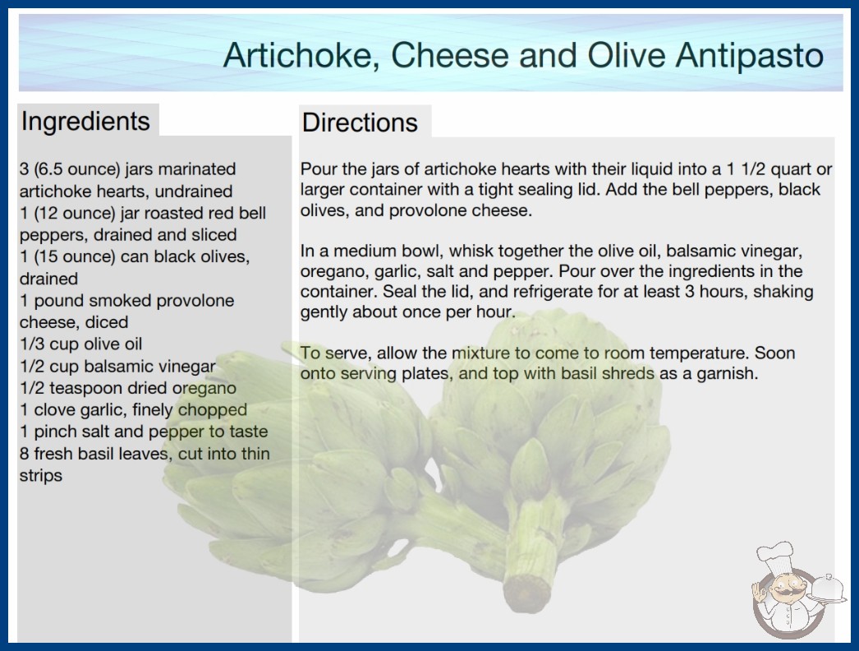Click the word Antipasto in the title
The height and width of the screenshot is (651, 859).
pyautogui.click(x=750, y=56)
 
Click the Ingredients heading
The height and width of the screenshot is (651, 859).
pyautogui.click(x=85, y=121)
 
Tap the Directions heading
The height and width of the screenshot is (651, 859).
pyautogui.click(x=360, y=122)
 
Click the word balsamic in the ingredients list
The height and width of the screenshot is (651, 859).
pyautogui.click(x=113, y=366)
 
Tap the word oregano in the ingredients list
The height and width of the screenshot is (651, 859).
pyautogui.click(x=204, y=388)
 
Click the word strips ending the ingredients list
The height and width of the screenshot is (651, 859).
pyautogui.click(x=40, y=475)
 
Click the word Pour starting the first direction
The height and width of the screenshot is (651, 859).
pyautogui.click(x=318, y=169)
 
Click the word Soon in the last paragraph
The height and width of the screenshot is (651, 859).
pyautogui.click(x=777, y=353)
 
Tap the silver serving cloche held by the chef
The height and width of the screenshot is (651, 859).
pyautogui.click(x=827, y=589)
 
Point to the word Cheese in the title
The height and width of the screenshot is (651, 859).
pyautogui.click(x=450, y=56)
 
